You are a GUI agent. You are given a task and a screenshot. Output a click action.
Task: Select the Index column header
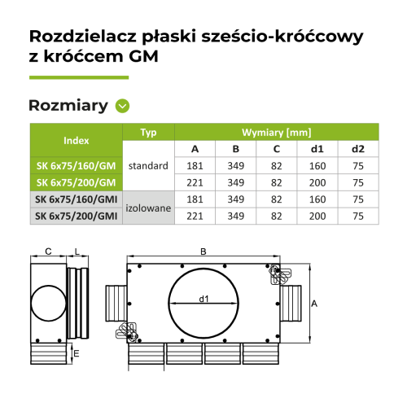click(75, 140)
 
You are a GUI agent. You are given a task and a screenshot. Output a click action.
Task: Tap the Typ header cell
click(148, 132)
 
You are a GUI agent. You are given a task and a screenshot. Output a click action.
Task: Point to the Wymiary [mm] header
click(276, 132)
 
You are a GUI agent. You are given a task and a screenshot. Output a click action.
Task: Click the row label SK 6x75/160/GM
click(75, 166)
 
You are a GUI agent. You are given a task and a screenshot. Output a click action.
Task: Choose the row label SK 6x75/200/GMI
click(75, 216)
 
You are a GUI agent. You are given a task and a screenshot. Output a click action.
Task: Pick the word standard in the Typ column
click(148, 166)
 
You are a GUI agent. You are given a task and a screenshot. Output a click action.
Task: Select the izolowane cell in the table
click(148, 208)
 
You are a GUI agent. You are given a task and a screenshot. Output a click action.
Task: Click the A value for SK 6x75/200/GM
click(195, 182)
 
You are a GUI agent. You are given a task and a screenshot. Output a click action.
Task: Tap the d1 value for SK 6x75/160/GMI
click(317, 199)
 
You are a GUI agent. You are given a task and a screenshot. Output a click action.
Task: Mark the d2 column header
click(358, 149)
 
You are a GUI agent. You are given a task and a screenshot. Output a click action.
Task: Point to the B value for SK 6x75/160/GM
click(235, 166)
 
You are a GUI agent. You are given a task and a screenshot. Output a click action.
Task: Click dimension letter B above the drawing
click(202, 252)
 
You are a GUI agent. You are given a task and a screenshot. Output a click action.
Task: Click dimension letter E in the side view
click(76, 354)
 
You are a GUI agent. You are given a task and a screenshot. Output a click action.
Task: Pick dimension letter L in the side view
click(76, 252)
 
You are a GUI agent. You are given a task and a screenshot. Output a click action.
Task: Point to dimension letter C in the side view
click(49, 252)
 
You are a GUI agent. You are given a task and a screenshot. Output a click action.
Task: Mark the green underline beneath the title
click(79, 77)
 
